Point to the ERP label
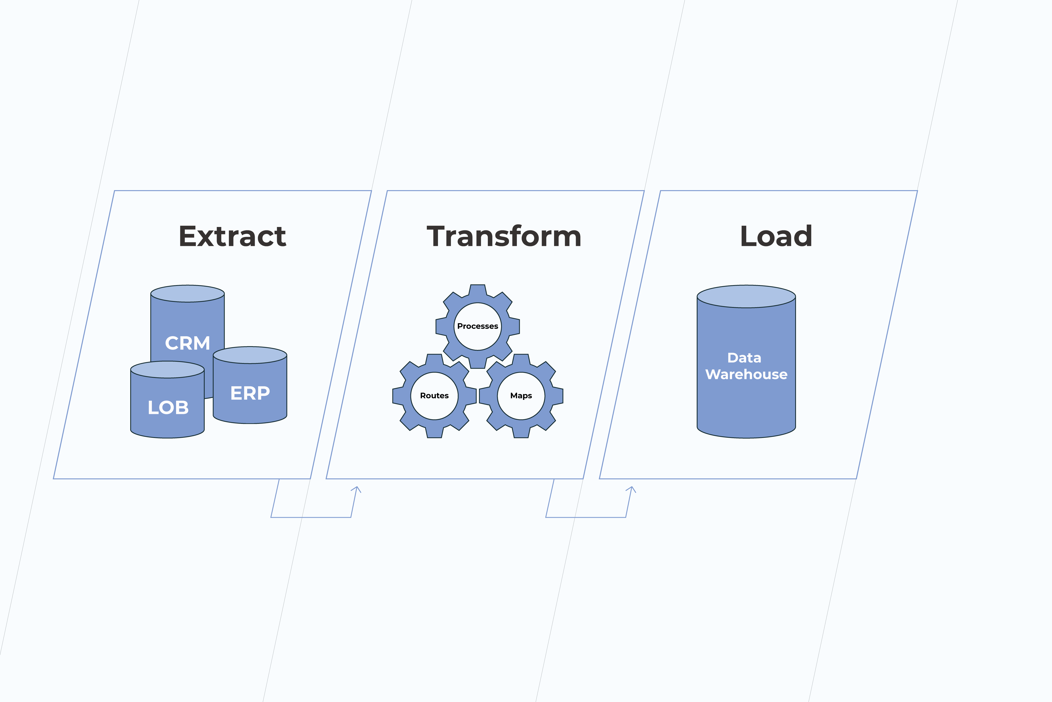pyautogui.click(x=250, y=393)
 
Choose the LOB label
pyautogui.click(x=168, y=407)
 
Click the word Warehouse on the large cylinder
pyautogui.click(x=746, y=374)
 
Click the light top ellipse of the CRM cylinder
pyautogui.click(x=187, y=294)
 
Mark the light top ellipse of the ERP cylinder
pyautogui.click(x=250, y=355)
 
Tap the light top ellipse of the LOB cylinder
pyautogui.click(x=167, y=370)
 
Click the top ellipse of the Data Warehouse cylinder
pyautogui.click(x=746, y=296)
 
